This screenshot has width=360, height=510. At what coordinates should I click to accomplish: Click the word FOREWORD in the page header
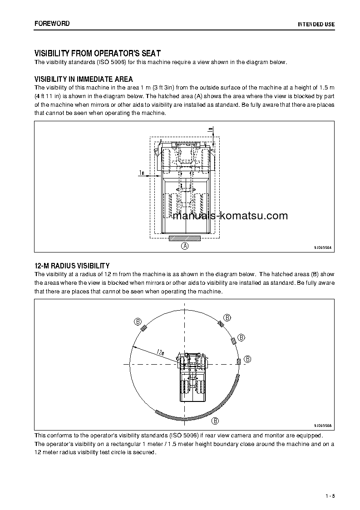pos(52,23)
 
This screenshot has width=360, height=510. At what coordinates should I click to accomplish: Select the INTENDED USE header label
pos(316,24)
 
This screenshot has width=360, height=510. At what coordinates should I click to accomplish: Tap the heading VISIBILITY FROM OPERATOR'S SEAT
pos(97,53)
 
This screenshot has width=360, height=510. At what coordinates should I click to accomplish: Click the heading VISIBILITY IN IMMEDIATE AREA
pos(84,79)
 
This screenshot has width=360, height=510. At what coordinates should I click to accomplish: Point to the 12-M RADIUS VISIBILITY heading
pos(72,266)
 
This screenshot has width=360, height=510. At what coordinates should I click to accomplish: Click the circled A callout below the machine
pos(185,246)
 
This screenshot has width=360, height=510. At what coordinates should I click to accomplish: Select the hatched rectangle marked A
pos(184,238)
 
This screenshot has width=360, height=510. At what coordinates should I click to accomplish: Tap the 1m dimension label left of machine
pos(142,173)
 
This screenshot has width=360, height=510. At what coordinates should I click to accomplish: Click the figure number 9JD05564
pos(322,248)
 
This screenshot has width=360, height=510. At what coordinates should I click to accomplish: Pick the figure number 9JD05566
pos(322,426)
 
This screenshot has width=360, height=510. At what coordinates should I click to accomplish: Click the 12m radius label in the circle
pos(159,352)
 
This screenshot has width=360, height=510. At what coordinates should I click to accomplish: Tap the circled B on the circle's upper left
pos(138,322)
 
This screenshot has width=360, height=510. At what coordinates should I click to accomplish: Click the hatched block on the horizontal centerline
pos(238,361)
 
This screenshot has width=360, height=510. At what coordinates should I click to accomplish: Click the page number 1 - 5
pos(330,495)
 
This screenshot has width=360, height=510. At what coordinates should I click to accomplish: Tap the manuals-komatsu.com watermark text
pos(230,216)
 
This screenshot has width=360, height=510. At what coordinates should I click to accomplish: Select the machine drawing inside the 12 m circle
pos(192,376)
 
